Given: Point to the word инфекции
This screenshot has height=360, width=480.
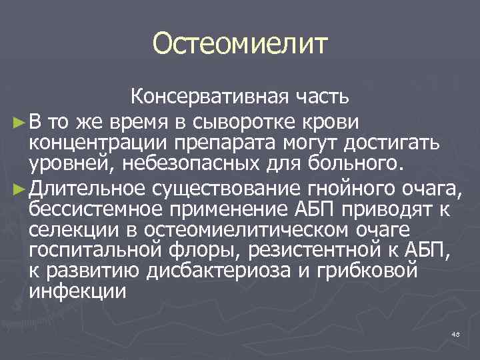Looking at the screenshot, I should tap(78, 294).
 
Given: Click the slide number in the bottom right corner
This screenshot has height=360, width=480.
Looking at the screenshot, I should tap(456, 333).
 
